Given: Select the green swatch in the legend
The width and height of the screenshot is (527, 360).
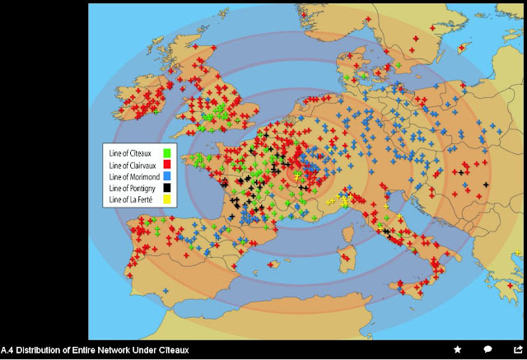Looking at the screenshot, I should point(167,153).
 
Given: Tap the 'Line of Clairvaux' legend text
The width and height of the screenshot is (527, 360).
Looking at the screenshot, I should point(134,165).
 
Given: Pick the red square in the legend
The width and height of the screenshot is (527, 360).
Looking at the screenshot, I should point(167,165).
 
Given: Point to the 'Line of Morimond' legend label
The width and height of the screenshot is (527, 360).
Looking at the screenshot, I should point(135,176).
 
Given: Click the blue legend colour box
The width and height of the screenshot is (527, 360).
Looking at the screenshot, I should point(167,176).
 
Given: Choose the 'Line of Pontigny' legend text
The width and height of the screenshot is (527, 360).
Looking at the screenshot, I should point(133,188).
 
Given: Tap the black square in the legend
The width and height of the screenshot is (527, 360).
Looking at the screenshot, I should point(167,188).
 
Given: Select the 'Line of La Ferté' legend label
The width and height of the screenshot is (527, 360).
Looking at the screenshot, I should point(133,199).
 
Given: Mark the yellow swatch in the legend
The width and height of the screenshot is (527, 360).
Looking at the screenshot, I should point(167,199).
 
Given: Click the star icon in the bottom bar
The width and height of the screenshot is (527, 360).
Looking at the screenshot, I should point(458,350).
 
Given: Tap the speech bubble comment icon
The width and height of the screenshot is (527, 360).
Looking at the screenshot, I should point(487,350).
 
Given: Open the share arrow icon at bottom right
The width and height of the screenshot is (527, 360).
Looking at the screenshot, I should point(517,350).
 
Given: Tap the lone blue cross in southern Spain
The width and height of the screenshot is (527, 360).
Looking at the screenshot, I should point(165,291).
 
